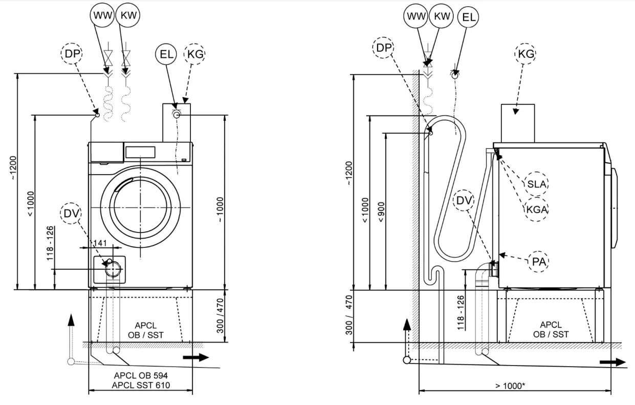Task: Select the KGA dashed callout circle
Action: pos(537,209)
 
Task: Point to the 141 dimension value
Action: pos(101,242)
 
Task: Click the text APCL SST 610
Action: pos(142,385)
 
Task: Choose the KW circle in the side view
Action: pos(442,16)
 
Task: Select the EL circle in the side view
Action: pos(469,17)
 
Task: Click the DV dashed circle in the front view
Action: pos(72,214)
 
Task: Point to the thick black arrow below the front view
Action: pos(196,357)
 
